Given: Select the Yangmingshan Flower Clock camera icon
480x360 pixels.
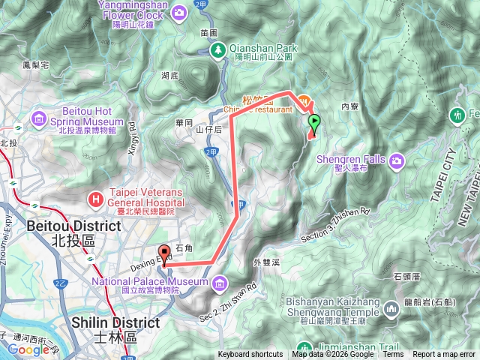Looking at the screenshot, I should tap(180, 12).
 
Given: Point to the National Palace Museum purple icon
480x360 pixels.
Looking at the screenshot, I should tap(220, 283).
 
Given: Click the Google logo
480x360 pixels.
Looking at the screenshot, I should tap(28, 349).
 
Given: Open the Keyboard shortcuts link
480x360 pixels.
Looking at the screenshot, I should tap(250, 355).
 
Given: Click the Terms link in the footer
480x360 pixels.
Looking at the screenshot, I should tap(393, 355).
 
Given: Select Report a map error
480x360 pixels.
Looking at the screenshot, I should tap(444, 355).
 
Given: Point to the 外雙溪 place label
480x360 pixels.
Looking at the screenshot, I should tap(267, 262).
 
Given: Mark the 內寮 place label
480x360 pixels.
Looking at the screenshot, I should tap(350, 106).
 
